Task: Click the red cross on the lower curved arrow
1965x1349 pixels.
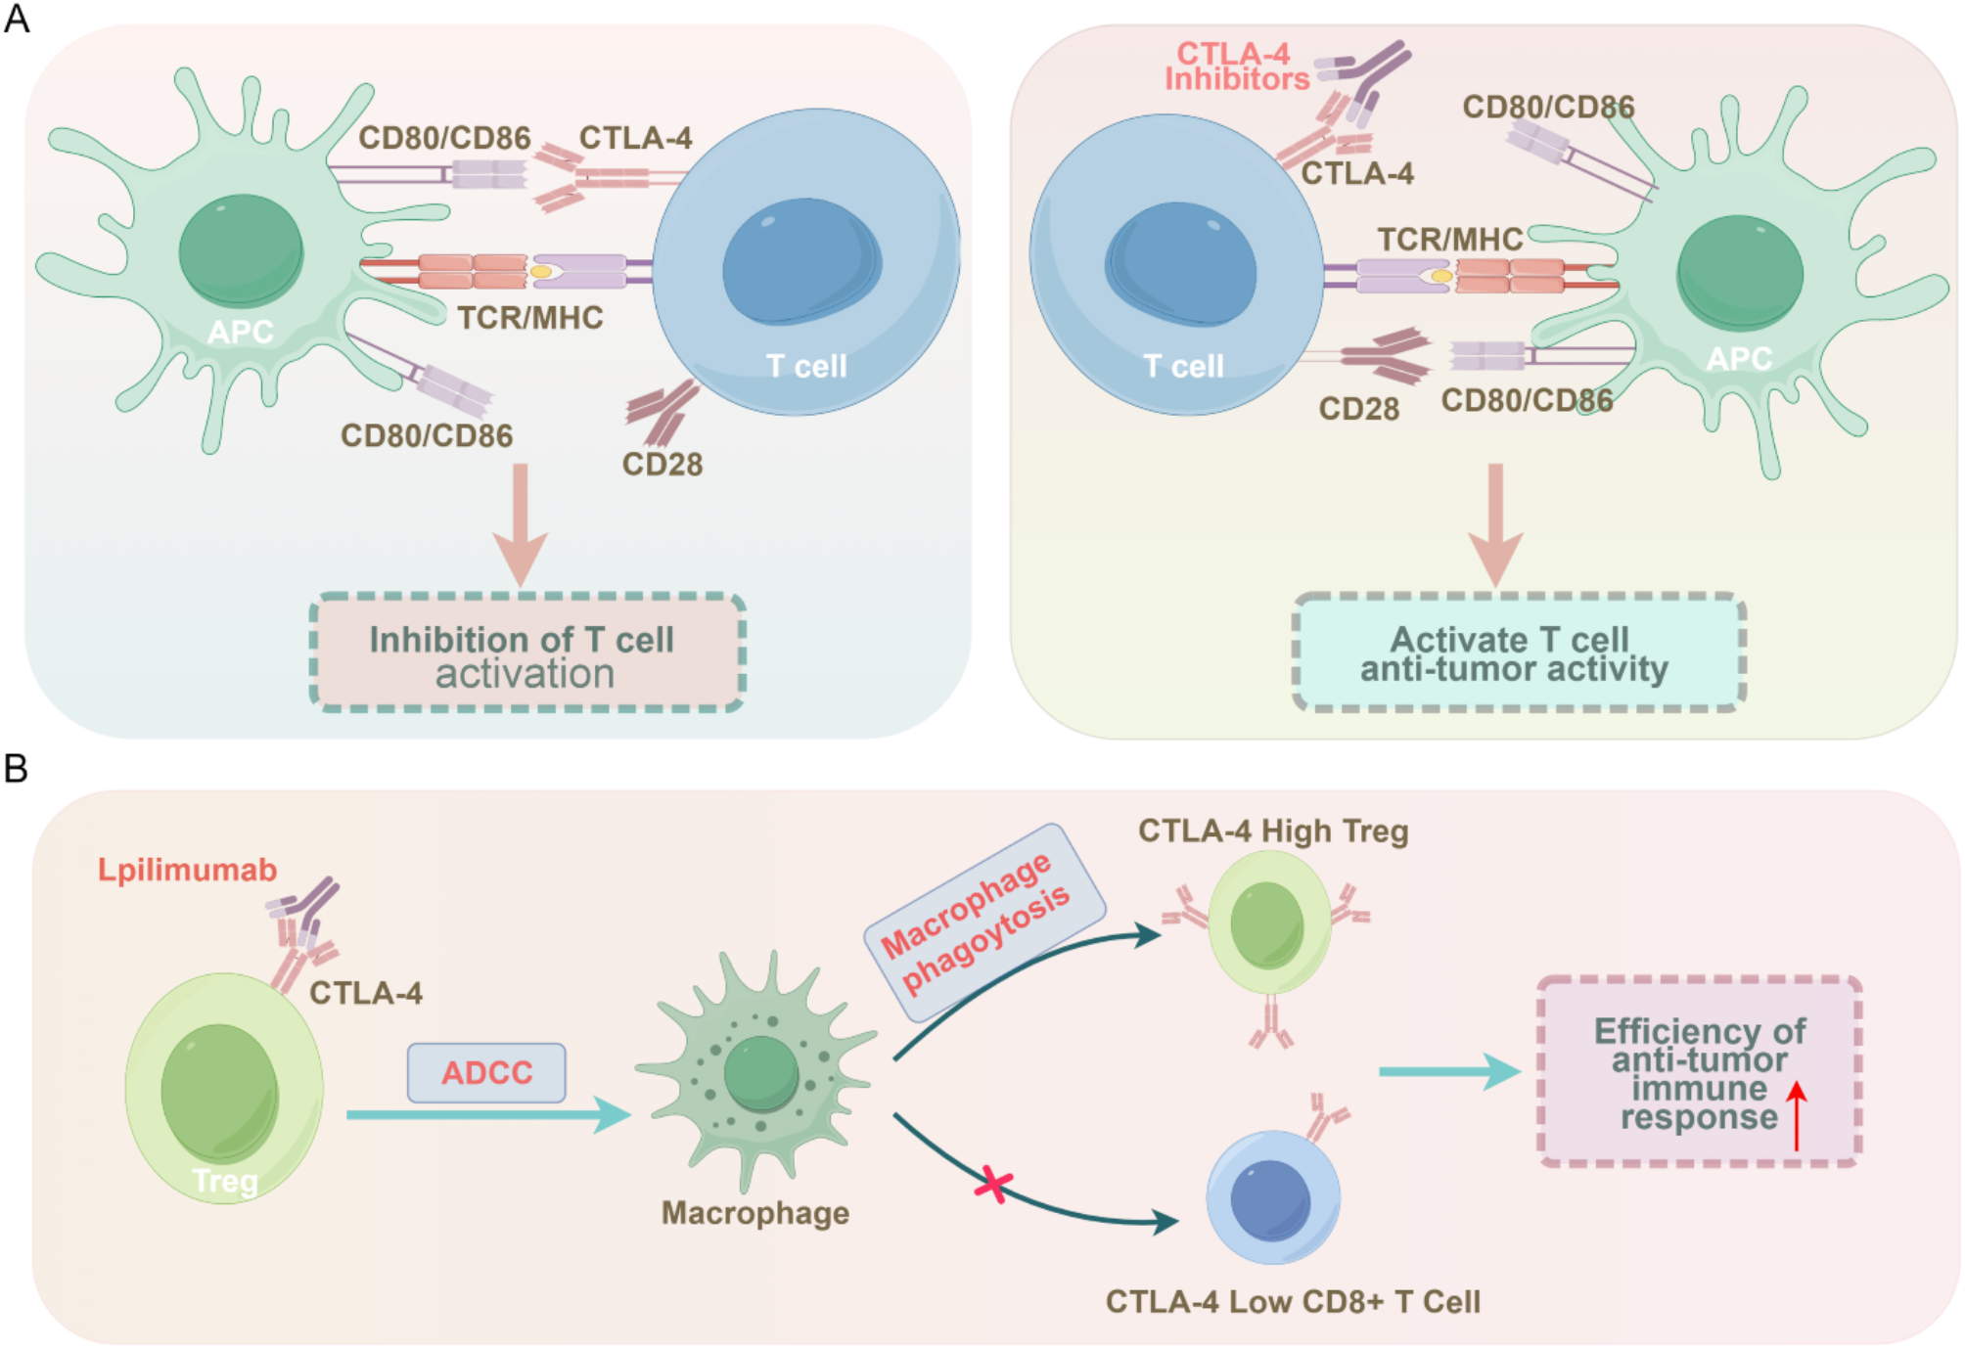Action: pos(993,1185)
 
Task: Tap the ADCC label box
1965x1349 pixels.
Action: pos(486,1072)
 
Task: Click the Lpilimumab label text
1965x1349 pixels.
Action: pos(187,870)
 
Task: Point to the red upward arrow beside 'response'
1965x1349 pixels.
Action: pos(1796,1114)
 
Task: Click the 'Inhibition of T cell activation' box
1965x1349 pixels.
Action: pos(526,652)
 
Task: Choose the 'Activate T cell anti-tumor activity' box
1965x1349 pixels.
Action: pos(1518,652)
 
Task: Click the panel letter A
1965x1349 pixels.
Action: pos(17,19)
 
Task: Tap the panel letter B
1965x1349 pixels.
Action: pos(16,769)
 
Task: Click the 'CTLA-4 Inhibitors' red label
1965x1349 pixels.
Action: pos(1236,67)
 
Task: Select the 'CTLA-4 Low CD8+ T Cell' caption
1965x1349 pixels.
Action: pos(1292,1302)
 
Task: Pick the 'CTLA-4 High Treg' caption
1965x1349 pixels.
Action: pos(1272,831)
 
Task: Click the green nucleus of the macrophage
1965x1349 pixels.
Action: pos(760,1073)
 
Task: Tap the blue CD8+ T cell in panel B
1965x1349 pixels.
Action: pos(1272,1196)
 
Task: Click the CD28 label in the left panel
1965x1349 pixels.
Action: pos(662,464)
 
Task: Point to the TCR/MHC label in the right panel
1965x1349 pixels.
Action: pos(1449,240)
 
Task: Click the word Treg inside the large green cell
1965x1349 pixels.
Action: pos(225,1181)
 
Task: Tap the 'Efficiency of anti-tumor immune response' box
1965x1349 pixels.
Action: pos(1699,1072)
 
